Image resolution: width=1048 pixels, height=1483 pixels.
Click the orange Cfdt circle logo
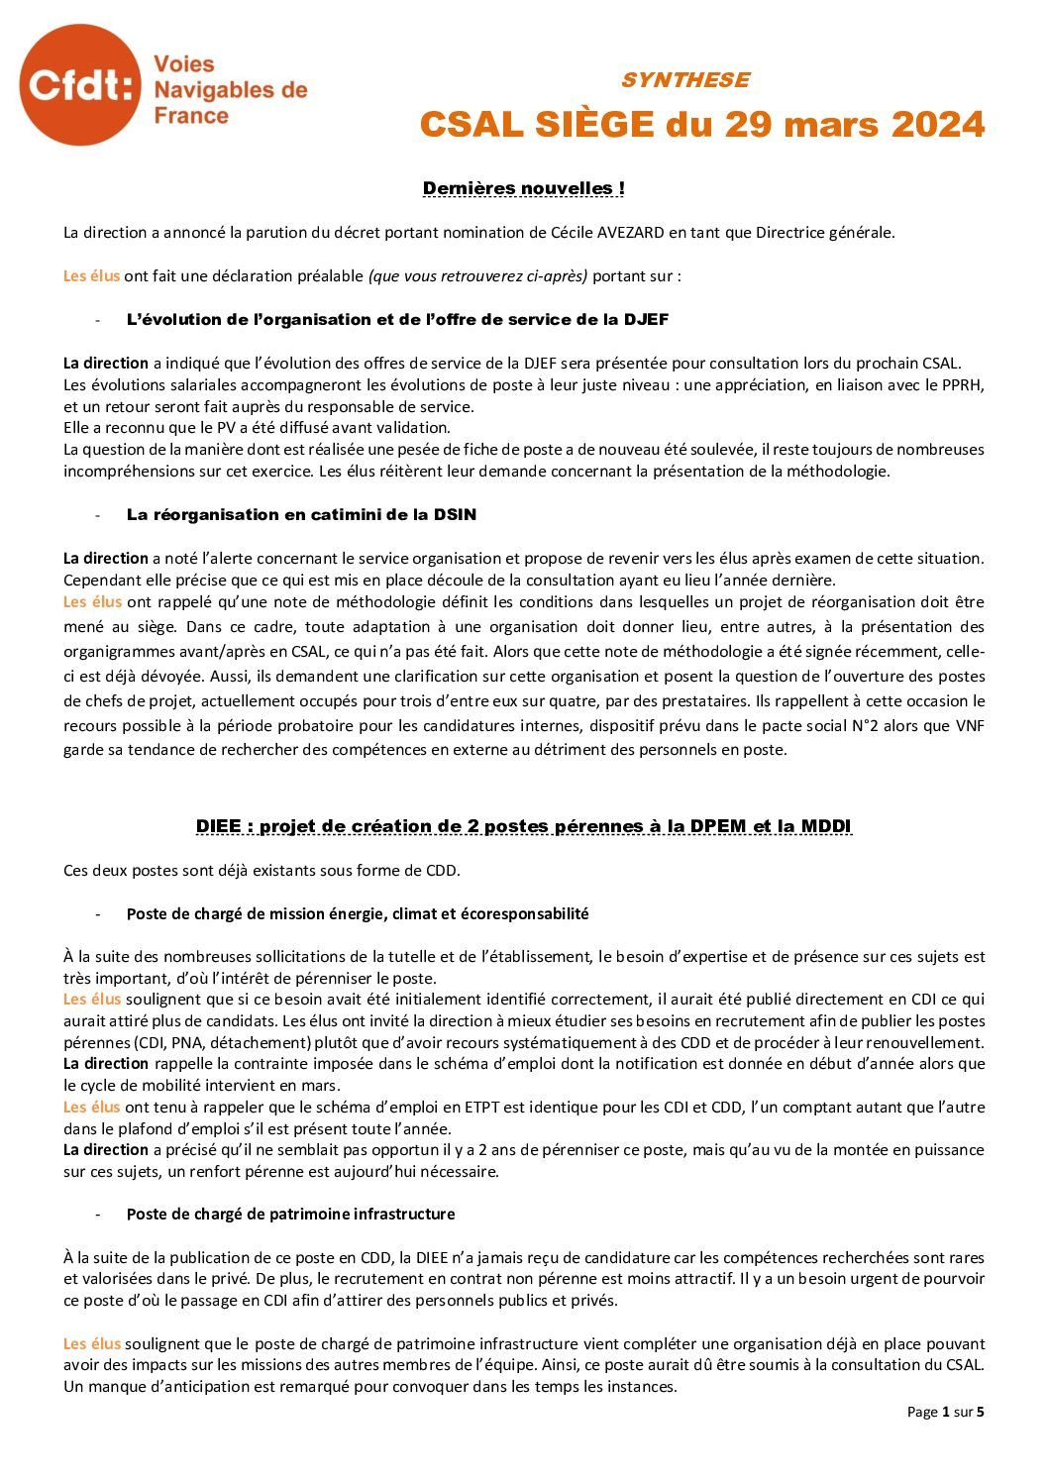coord(80,85)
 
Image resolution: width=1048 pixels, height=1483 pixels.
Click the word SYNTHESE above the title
coord(684,79)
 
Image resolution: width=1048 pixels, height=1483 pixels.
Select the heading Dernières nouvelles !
coord(523,188)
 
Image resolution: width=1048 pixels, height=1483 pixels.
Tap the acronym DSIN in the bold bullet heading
coord(455,514)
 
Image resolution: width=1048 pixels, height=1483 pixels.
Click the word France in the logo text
coord(191,116)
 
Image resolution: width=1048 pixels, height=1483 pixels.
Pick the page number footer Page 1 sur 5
coord(945,1412)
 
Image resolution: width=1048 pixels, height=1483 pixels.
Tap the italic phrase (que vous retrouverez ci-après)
coord(477,276)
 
